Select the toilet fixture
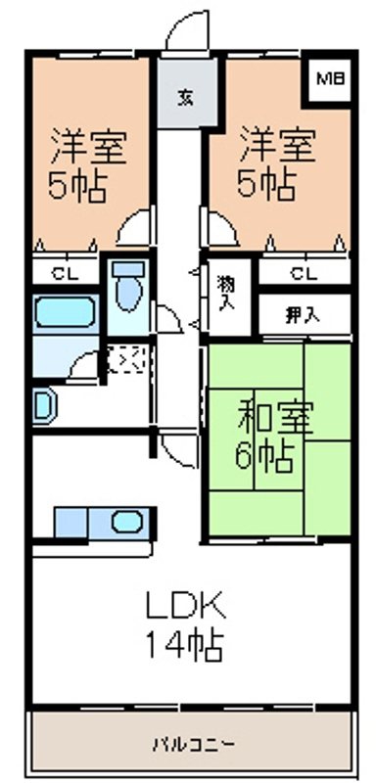pos(128,287)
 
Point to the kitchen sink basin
pos(127,523)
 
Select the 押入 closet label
pos(303,314)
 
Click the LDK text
pos(186,607)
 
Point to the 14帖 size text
pos(184,647)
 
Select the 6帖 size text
pos(263,457)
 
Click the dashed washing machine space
pos(127,359)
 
